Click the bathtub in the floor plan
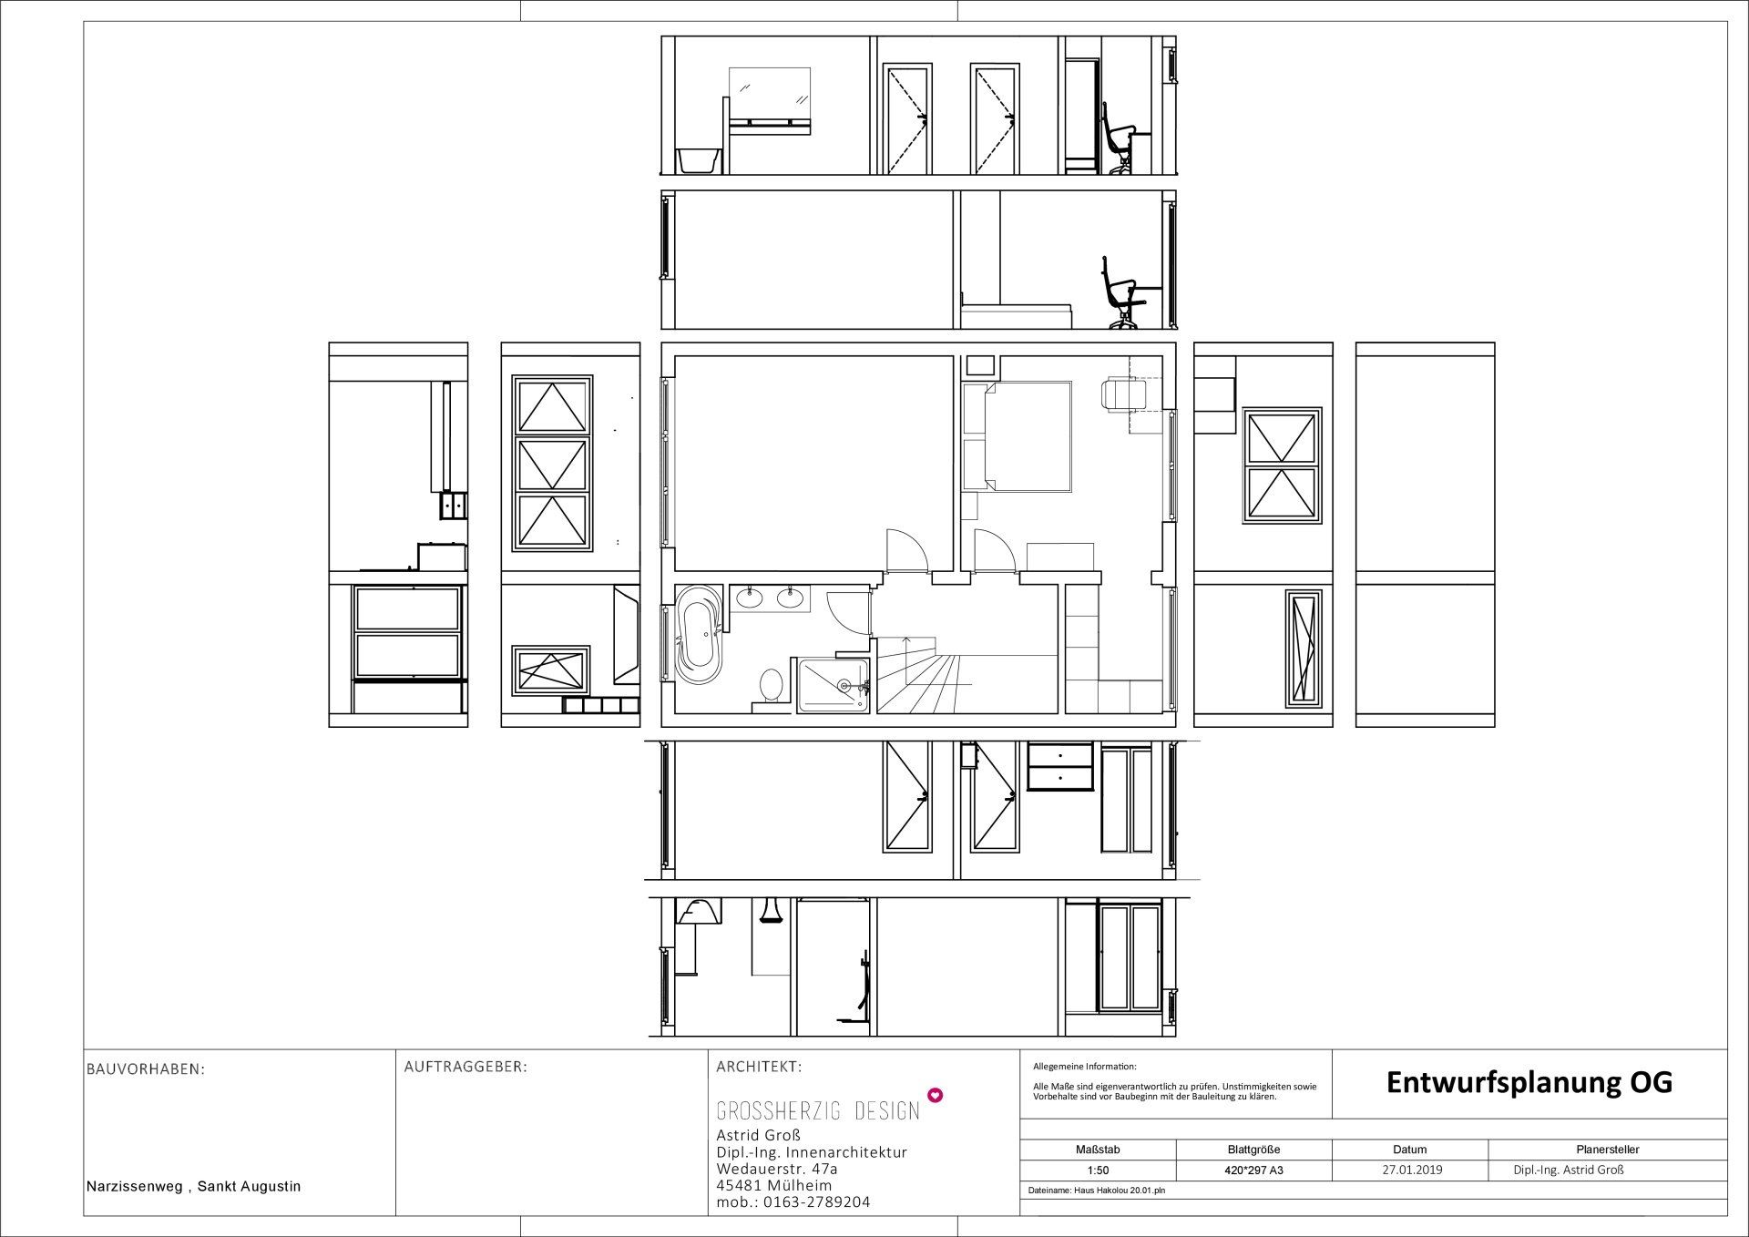(699, 639)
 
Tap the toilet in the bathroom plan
(772, 686)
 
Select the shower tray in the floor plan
(834, 685)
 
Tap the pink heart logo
(933, 1095)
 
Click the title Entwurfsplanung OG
(1529, 1082)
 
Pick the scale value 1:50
(1098, 1170)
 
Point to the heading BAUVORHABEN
(146, 1069)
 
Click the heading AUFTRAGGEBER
(465, 1067)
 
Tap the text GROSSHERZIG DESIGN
(818, 1111)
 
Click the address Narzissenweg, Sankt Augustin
(193, 1187)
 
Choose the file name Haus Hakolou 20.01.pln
(1096, 1191)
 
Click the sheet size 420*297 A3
(1253, 1170)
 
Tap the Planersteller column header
(1608, 1150)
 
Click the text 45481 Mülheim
(773, 1186)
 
